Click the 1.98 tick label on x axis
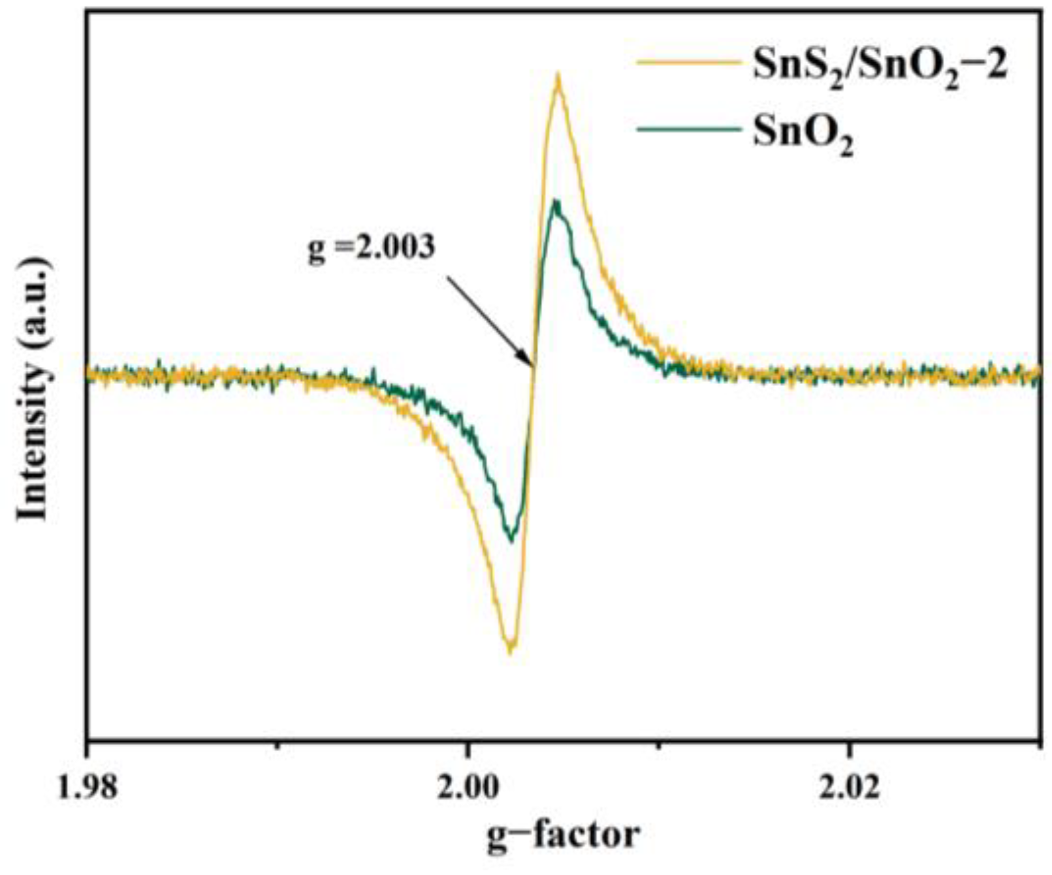(86, 787)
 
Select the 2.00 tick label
(467, 787)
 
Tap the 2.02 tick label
(848, 787)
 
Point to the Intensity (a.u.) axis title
(33, 389)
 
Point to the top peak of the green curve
(555, 201)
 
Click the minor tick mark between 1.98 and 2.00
(277, 744)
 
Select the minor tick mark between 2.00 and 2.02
(658, 744)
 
